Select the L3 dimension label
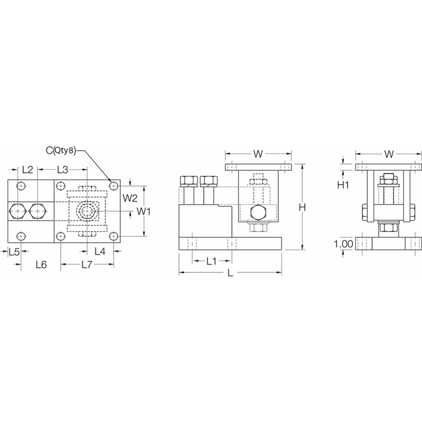[63, 170]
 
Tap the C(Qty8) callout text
[62, 151]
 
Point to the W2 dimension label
[130, 198]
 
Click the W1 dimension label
[145, 212]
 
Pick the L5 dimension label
[15, 252]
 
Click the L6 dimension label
[41, 264]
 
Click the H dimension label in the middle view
[303, 208]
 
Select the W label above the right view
[389, 154]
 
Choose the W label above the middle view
[258, 154]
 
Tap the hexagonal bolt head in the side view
[257, 214]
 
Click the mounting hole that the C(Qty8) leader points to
[113, 186]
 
